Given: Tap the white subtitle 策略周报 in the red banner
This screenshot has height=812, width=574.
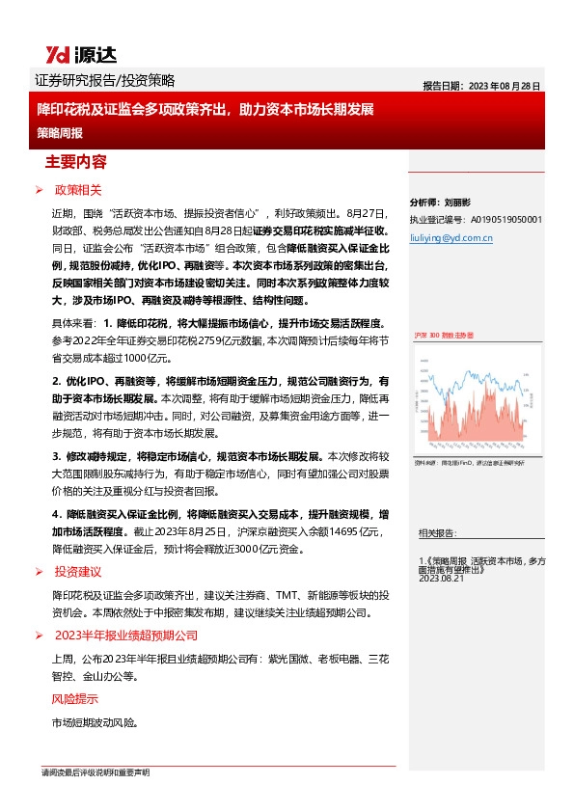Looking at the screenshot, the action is pos(60,132).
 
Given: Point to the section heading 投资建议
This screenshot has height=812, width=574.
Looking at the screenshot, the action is pos(78,572).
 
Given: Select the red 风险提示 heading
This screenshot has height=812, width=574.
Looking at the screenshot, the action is pos(74,698).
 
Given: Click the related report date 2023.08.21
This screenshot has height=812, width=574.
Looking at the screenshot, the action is pos(443,578).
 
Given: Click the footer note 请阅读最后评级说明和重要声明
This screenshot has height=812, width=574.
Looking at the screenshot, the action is pos(95,773).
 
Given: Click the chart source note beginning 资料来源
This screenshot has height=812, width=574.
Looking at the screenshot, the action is pos(464,463).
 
